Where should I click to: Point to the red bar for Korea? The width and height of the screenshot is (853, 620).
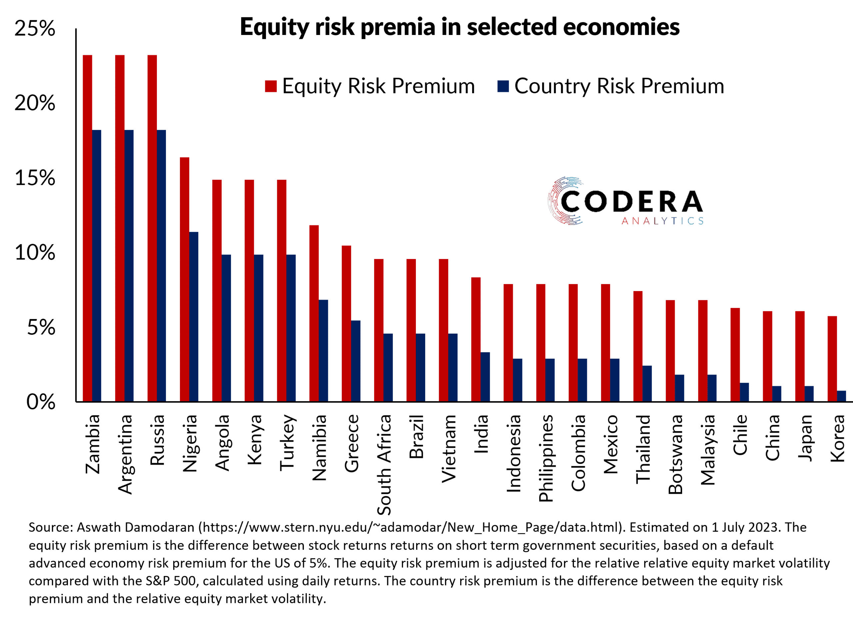click(832, 359)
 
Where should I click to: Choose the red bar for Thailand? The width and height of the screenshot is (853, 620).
click(638, 346)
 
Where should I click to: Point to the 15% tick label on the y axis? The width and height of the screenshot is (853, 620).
click(35, 178)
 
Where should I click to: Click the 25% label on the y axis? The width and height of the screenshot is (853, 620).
click(35, 28)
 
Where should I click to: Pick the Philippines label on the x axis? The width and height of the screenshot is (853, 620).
click(546, 458)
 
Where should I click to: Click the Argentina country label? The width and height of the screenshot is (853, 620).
click(125, 454)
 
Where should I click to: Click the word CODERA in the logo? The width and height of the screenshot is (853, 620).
click(631, 202)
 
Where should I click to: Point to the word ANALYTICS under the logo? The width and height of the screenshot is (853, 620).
click(662, 221)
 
